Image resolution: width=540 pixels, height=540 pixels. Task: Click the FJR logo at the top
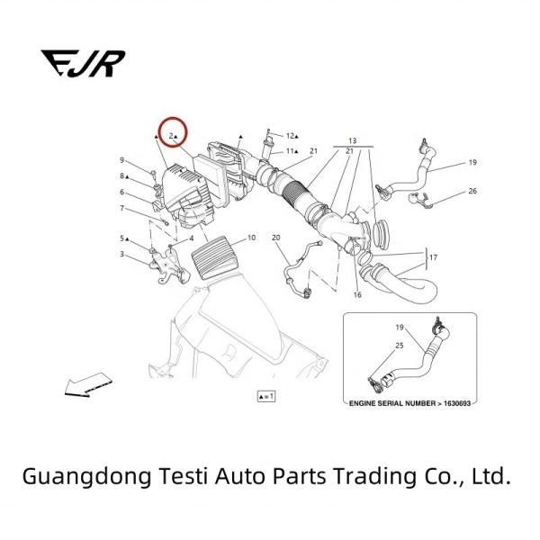pos(83,62)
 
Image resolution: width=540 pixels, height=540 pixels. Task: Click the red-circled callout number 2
pos(171,135)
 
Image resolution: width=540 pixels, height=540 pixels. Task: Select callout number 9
pos(121,160)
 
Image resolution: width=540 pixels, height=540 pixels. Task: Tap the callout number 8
pos(121,175)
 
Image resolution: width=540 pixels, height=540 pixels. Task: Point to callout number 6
pos(121,192)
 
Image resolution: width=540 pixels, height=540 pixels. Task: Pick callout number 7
pos(121,208)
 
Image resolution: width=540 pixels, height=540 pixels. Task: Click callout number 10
pos(251,238)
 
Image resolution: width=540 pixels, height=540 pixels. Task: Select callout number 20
pos(276,238)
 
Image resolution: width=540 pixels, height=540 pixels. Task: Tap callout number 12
pos(290,136)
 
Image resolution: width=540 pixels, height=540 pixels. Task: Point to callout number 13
pos(352,141)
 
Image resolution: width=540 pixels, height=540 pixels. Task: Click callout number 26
pos(472,192)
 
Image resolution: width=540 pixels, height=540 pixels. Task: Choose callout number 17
pos(432,258)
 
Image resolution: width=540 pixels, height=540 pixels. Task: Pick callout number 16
pos(357,294)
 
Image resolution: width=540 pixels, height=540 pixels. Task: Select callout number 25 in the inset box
pos(400,346)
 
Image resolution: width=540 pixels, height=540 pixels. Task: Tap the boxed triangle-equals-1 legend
pos(265,395)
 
